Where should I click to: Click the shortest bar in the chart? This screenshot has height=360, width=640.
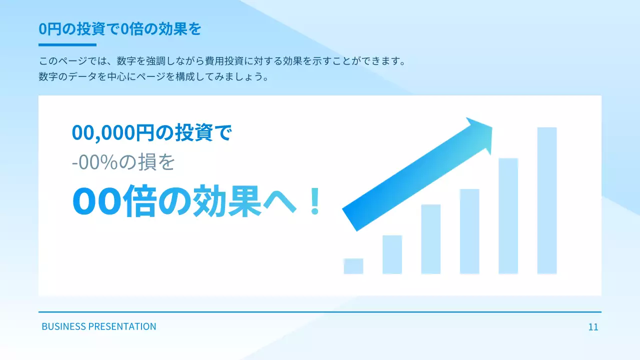pos(353,266)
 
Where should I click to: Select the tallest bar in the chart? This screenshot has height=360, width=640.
pos(547,200)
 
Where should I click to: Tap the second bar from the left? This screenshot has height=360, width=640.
pos(392,254)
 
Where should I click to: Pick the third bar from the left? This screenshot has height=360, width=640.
pos(431,239)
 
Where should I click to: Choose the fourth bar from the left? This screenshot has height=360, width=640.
pos(469,231)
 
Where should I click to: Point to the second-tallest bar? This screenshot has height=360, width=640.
pos(508,216)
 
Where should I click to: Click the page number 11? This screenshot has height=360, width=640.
pos(593,327)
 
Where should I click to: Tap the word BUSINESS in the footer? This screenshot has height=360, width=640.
pos(63,326)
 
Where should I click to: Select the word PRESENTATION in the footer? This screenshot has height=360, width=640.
pos(122,326)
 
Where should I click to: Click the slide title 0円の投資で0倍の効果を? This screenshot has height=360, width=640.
pos(120,29)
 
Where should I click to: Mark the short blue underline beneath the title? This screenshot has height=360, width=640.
pos(67,45)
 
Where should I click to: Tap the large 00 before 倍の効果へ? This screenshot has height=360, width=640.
pos(96,201)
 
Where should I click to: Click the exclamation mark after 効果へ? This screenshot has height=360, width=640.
pos(314,201)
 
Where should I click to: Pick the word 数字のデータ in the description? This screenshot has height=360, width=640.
pos(67,77)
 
